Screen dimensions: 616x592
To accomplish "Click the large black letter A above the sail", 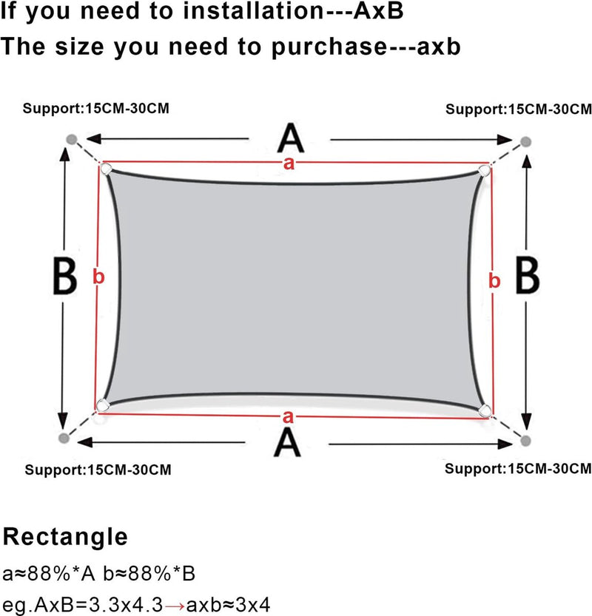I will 290,139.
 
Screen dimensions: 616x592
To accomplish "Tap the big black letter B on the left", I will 64,277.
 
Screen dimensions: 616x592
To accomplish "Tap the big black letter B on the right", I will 527,276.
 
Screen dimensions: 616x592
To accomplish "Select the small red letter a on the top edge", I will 289,164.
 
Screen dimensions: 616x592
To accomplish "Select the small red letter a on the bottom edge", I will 287,416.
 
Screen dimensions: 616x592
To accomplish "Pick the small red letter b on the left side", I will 99,277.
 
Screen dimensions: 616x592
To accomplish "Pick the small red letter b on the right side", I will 494,280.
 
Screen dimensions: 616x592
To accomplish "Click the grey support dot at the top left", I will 70,139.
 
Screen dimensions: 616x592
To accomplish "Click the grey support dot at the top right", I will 525,141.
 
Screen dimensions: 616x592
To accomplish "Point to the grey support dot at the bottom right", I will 525,440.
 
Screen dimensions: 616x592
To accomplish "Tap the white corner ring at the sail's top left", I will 106,169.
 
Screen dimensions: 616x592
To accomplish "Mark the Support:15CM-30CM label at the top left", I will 95,108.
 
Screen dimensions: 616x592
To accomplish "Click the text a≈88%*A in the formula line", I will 46,574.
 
